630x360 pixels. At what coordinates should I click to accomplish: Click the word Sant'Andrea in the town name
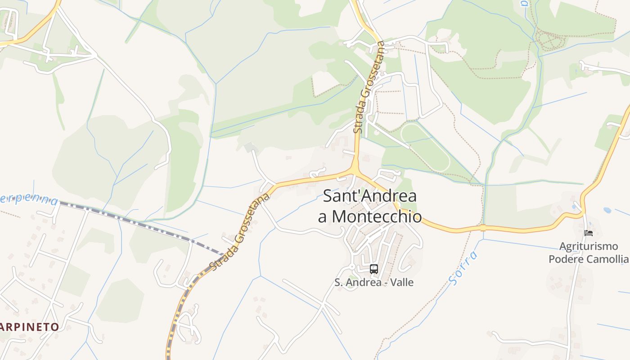(x=369, y=196)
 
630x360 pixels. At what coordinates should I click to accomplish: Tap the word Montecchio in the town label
(x=376, y=217)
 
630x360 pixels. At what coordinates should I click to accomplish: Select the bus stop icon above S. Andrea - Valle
(x=373, y=269)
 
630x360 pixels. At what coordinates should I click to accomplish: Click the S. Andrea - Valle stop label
(x=373, y=283)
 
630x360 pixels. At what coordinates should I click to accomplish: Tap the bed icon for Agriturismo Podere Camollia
(x=588, y=233)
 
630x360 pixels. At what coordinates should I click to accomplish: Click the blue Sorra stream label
(x=463, y=268)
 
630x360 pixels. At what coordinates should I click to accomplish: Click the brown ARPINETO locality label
(x=30, y=327)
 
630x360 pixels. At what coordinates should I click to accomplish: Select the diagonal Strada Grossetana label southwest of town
(x=240, y=232)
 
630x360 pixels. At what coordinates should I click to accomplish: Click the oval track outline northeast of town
(x=425, y=146)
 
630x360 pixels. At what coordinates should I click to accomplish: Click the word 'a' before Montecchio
(x=322, y=217)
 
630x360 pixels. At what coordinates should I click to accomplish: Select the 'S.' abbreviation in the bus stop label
(x=339, y=283)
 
